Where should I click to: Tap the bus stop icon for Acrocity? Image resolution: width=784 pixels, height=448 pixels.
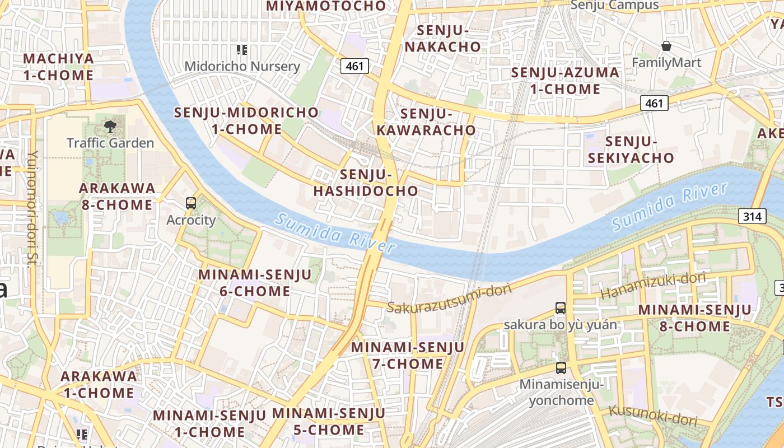point(191,203)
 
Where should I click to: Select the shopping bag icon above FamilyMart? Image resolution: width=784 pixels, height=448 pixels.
point(666,45)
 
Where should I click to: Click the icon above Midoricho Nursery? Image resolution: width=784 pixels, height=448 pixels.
point(242,50)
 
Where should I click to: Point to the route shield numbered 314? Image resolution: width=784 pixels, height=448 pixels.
point(752,216)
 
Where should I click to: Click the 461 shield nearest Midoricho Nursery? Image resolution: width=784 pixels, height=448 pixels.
point(354,66)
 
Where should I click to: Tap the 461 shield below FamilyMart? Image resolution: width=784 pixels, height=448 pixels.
point(654,103)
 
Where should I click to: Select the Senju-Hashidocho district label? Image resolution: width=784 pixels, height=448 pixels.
point(366,183)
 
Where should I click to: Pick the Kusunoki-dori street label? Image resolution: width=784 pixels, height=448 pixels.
point(652,415)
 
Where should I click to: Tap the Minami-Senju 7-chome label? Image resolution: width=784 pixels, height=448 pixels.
point(408,356)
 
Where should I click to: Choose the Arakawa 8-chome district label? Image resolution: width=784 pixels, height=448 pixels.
point(116,196)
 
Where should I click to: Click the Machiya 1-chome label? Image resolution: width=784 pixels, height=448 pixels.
point(58,67)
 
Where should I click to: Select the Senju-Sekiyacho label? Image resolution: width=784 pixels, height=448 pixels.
point(631,150)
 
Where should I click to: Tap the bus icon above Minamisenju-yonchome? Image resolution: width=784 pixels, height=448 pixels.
point(561,368)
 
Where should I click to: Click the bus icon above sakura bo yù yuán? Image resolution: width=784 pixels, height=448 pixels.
point(561,307)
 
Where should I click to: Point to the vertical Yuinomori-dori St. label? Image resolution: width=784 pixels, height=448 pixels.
point(33,207)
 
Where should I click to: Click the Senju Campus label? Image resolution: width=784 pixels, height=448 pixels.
point(614,5)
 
